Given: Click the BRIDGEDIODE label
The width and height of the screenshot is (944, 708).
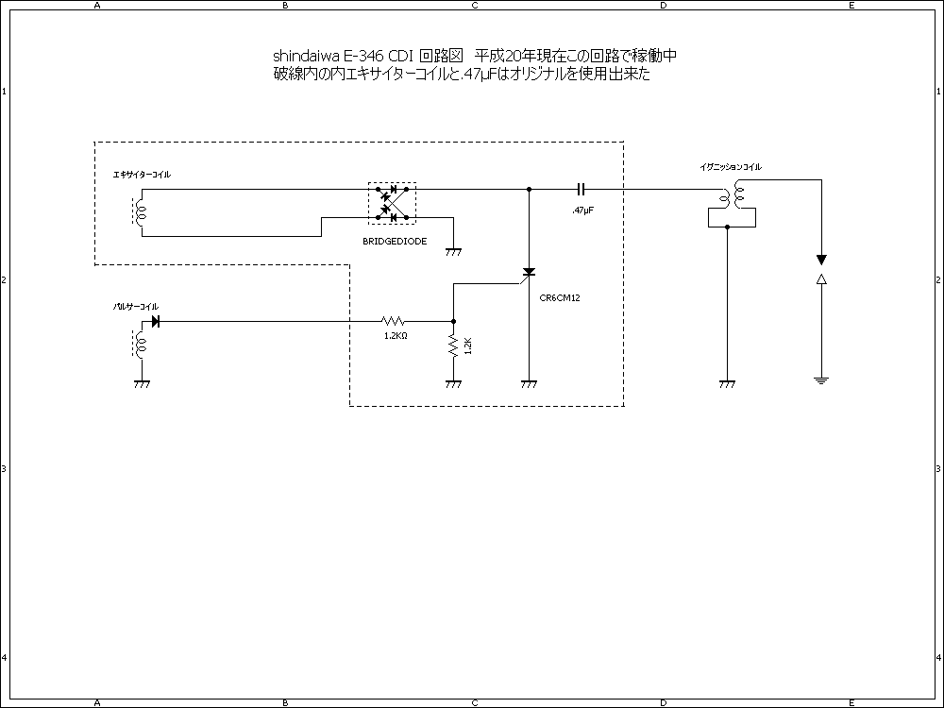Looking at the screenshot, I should point(395,242).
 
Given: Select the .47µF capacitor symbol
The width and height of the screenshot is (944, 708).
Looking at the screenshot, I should point(582,189).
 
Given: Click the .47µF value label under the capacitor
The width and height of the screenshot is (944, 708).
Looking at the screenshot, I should point(582,210).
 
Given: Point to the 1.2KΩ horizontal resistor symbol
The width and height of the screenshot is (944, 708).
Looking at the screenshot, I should point(395,321).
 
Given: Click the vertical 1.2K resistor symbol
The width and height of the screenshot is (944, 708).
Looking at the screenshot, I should point(453,346).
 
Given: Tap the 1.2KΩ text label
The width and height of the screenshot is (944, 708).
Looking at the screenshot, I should point(395,335).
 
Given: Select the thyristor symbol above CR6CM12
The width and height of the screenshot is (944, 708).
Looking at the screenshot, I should point(529,273).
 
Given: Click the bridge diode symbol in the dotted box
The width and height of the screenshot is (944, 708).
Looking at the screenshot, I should point(391,203).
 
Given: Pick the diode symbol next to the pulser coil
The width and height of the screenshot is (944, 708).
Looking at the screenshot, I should point(155,321).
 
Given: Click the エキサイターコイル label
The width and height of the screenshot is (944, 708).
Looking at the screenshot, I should point(142,176).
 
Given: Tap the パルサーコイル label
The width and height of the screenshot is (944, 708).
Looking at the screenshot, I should point(136,307).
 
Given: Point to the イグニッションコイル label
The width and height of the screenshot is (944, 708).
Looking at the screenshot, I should point(731,167).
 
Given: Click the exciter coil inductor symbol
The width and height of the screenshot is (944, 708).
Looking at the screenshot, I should point(142,212).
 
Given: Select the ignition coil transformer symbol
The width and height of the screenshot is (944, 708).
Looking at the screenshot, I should point(732,199).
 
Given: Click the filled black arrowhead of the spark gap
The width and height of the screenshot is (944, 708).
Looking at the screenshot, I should point(821,259).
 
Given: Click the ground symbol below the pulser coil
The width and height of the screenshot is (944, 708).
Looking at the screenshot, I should point(142,384).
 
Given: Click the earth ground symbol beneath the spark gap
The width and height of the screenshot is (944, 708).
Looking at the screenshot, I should point(821,379).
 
